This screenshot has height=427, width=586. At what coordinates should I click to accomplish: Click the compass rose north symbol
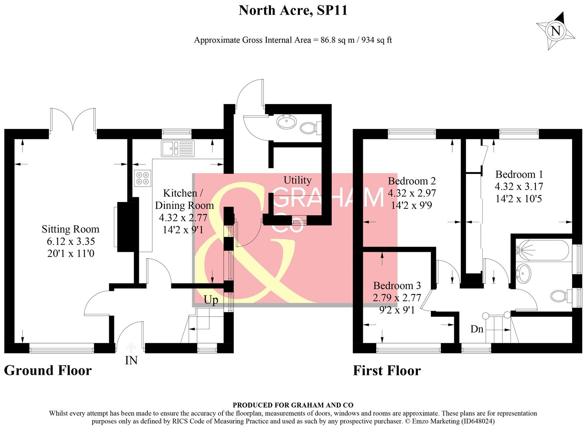[556, 30]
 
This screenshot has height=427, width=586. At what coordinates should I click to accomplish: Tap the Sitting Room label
[70, 229]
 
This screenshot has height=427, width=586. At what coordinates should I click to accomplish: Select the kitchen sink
[178, 148]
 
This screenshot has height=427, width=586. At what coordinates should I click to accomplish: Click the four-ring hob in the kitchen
[142, 178]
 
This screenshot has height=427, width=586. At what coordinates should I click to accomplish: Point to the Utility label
[297, 180]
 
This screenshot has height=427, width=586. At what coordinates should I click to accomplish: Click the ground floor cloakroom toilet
[310, 128]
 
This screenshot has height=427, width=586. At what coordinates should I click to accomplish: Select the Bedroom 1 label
[519, 174]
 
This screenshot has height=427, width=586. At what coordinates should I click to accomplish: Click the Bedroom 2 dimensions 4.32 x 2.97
[412, 193]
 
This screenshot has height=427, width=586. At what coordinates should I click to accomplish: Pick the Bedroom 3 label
[397, 285]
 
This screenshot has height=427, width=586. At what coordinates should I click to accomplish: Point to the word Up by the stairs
[211, 300]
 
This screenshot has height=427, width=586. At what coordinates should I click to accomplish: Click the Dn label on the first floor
[477, 329]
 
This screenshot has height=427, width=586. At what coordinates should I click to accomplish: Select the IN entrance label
[131, 360]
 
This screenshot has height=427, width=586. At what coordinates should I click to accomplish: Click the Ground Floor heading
[48, 370]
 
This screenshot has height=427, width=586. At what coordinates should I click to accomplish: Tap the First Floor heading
[387, 371]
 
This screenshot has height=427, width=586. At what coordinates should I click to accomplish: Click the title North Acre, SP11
[293, 10]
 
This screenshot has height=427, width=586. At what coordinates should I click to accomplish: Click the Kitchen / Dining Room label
[184, 199]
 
